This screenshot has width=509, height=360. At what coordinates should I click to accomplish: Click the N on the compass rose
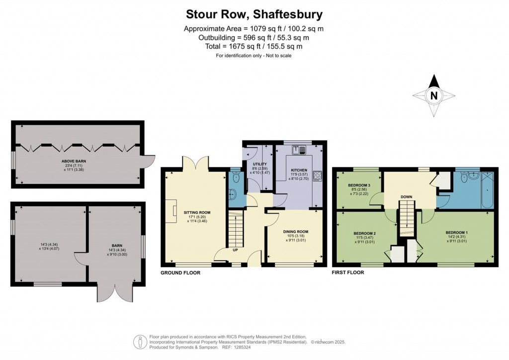click(434, 96)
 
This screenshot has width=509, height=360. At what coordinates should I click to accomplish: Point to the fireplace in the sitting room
click(174, 211)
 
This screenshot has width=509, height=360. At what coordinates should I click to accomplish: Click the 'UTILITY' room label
click(260, 164)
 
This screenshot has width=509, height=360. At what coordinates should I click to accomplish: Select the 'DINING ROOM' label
click(296, 232)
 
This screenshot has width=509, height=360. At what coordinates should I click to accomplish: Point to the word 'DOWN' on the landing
click(407, 197)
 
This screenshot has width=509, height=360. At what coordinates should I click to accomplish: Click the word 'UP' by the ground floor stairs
click(235, 250)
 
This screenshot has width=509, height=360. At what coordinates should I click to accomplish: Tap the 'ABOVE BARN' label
click(72, 161)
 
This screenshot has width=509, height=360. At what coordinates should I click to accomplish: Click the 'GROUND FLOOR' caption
click(180, 273)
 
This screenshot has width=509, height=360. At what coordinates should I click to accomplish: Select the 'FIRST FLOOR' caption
click(347, 272)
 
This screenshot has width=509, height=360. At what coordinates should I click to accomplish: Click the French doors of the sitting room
click(194, 162)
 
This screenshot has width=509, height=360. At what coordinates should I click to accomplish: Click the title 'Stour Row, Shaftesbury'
click(254, 14)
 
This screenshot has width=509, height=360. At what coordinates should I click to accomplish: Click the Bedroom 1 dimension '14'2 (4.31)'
click(456, 238)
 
